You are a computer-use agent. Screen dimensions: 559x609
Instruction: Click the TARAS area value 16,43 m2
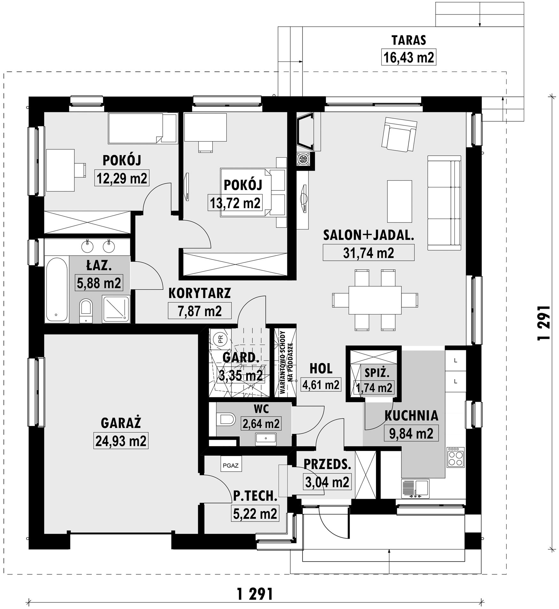(409, 58)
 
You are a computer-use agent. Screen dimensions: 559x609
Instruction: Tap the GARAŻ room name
(121, 423)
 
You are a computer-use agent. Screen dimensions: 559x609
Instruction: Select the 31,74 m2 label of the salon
(368, 253)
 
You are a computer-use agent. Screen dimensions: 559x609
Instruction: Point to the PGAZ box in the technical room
(231, 465)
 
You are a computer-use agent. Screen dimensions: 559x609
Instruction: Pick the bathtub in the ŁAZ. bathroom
(57, 290)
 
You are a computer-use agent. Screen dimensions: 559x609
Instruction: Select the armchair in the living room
(399, 134)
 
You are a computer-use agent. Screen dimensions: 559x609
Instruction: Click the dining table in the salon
(375, 300)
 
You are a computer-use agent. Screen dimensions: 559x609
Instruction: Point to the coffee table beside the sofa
(399, 201)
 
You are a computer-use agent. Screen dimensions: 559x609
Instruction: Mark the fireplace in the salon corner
(305, 132)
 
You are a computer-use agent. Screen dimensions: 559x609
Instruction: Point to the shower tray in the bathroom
(116, 309)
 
